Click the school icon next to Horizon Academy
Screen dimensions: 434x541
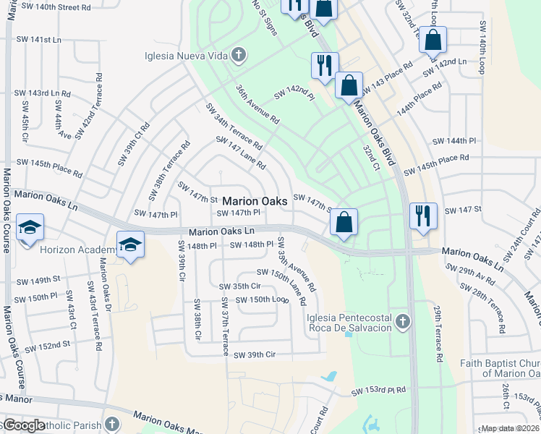(130, 245)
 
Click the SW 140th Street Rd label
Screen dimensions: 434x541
(56, 7)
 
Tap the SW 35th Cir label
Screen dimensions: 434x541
(241, 286)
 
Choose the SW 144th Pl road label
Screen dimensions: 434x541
(455, 140)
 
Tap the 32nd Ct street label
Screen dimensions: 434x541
(372, 156)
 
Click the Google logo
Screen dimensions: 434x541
(23, 425)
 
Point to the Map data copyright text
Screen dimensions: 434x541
(511, 428)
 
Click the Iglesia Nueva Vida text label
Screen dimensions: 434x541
(187, 54)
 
